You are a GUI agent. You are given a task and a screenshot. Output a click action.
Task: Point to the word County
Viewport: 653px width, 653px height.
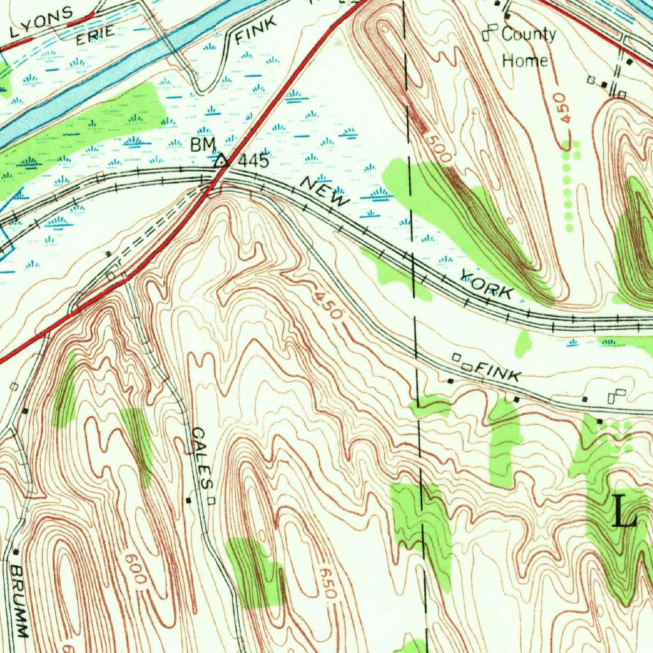tap(528, 34)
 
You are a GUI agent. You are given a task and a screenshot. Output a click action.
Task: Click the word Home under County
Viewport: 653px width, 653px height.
tap(525, 61)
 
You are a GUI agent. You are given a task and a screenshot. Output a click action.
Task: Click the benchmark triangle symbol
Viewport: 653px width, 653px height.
tap(221, 159)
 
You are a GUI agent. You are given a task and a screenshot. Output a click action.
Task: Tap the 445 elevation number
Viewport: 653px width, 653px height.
tap(253, 161)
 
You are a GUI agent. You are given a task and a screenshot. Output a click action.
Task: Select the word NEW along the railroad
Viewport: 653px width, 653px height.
tap(325, 192)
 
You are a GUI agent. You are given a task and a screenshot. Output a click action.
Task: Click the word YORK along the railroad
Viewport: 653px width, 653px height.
tap(486, 285)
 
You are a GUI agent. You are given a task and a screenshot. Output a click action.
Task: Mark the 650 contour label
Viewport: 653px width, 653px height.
tap(326, 582)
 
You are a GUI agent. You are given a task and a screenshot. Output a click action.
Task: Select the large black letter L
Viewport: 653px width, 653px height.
tap(624, 511)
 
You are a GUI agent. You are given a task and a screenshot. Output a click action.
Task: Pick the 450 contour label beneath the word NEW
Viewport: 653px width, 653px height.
tap(328, 305)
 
